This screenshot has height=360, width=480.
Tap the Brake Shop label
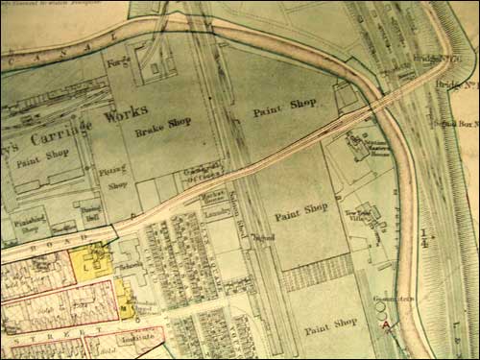[162, 122]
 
